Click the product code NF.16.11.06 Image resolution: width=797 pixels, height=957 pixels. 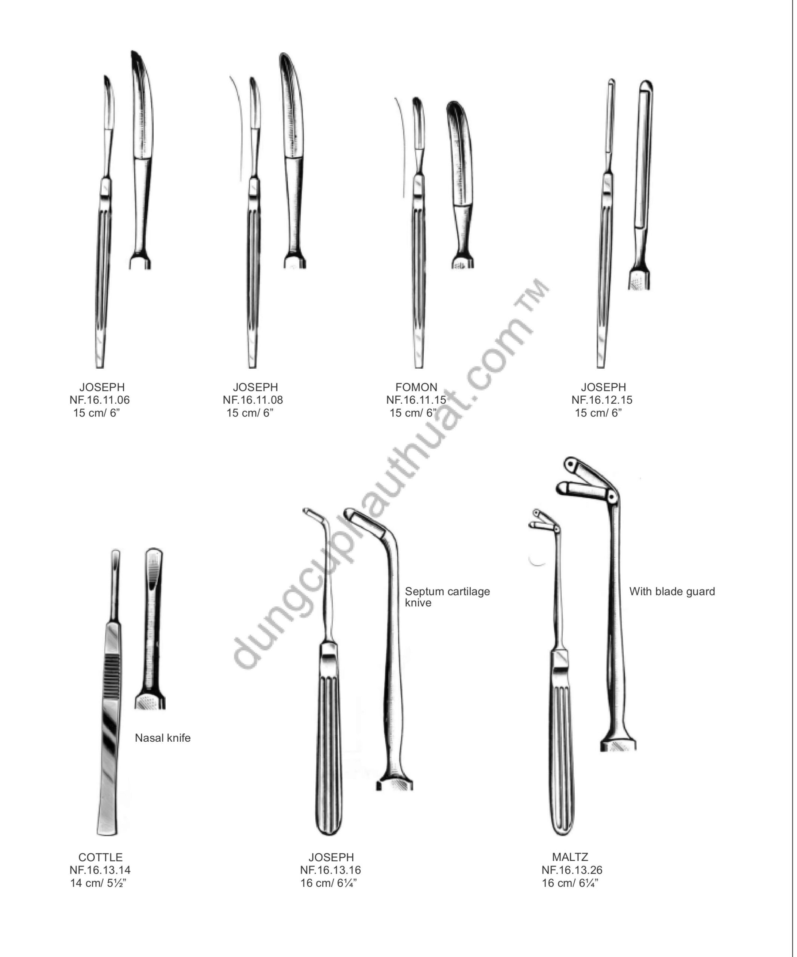click(99, 400)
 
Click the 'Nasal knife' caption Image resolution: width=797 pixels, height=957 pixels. click(163, 738)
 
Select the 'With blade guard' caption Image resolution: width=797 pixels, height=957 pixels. click(672, 591)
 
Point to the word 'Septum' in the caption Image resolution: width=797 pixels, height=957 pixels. click(424, 591)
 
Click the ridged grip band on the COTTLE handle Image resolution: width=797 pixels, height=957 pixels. click(112, 674)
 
